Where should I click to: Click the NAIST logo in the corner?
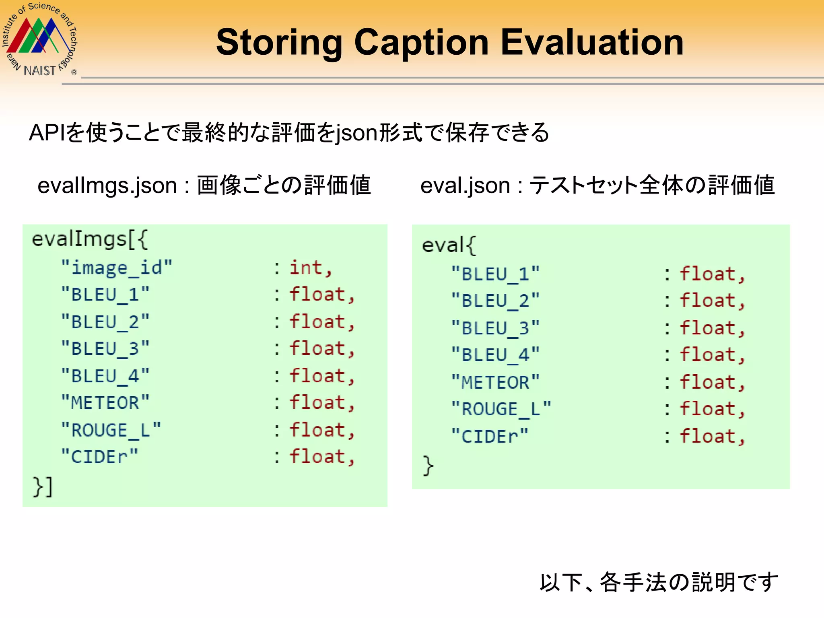pos(39,40)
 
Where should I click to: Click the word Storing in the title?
pos(279,43)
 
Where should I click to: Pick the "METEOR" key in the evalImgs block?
pos(105,403)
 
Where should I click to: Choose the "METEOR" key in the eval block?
pos(495,382)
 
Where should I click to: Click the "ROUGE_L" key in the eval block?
pos(501,409)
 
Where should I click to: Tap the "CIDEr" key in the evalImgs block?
pos(99,457)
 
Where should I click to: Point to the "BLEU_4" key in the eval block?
pos(495,355)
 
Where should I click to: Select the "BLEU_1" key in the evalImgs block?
pos(105,295)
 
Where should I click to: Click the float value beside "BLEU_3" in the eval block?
pos(708,328)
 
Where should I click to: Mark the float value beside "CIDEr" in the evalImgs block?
pos(317,457)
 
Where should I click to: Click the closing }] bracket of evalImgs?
pos(43,486)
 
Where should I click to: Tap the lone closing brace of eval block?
pos(428,466)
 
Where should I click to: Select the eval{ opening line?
pos(449,245)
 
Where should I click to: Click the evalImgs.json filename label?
pos(107,186)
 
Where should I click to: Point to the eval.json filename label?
pos(465,186)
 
